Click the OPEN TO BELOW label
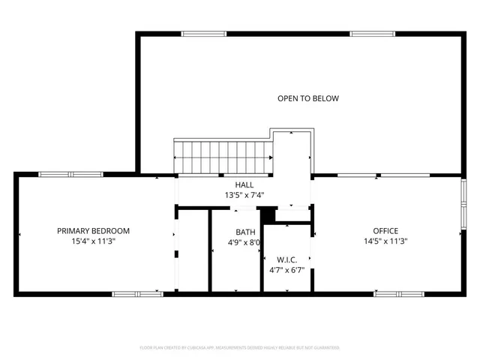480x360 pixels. coord(308,98)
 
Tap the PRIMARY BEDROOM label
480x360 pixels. coord(94,231)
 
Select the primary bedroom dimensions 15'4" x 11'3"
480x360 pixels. coord(94,241)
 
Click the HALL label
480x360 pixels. coord(244,184)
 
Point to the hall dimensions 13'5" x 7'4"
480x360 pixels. coord(244,195)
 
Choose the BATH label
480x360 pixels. coord(245,232)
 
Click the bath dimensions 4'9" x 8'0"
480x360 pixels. coord(244,242)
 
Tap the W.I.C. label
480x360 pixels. coord(287,259)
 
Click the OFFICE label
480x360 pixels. coord(385,231)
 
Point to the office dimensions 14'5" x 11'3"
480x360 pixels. coord(385,241)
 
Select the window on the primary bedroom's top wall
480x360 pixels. coord(70,174)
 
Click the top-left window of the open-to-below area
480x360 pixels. coord(204,33)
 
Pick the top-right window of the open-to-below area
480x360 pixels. coord(373,33)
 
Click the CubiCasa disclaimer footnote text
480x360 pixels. coord(240,348)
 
